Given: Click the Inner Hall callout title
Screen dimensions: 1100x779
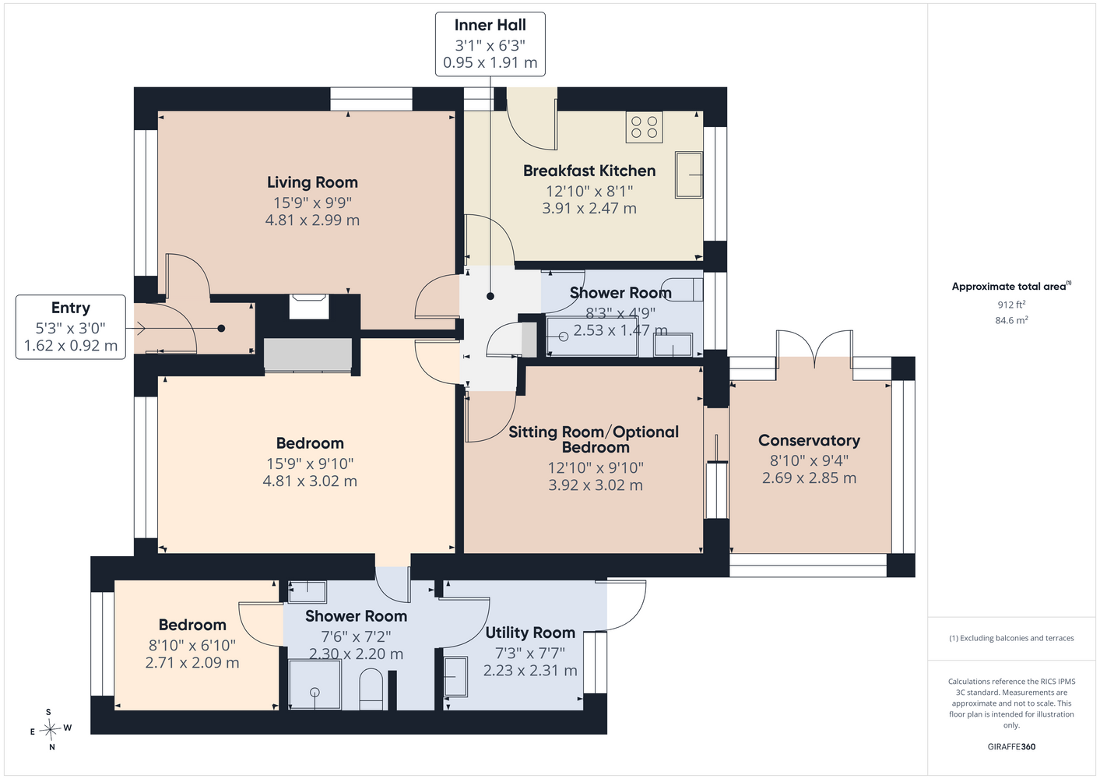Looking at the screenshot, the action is pyautogui.click(x=490, y=25).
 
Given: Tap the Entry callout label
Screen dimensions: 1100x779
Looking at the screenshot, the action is pyautogui.click(x=71, y=308).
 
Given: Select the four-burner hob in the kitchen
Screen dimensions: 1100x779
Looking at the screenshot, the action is pyautogui.click(x=644, y=127).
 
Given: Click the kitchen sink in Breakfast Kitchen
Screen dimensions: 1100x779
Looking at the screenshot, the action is pyautogui.click(x=688, y=174).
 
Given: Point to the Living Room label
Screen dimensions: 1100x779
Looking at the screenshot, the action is pyautogui.click(x=312, y=182).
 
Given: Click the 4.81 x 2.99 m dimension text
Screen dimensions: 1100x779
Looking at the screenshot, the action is pyautogui.click(x=312, y=220).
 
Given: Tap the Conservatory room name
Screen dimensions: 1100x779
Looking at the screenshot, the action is pyautogui.click(x=809, y=440).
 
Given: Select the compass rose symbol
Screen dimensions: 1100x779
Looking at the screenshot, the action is pyautogui.click(x=50, y=729).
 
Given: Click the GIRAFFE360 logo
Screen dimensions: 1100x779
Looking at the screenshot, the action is pyautogui.click(x=1011, y=746).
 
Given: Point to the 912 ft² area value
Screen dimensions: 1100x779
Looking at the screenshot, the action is pyautogui.click(x=1011, y=305).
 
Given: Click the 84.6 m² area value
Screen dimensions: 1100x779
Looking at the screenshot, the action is pyautogui.click(x=1011, y=320).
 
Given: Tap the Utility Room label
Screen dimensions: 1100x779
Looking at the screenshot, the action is pyautogui.click(x=530, y=633).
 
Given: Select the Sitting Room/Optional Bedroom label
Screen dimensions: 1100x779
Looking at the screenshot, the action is pyautogui.click(x=594, y=439).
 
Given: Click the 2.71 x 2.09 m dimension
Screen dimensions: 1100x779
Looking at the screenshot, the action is pyautogui.click(x=192, y=662).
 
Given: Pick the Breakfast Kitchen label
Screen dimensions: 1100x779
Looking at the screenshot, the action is pyautogui.click(x=589, y=171).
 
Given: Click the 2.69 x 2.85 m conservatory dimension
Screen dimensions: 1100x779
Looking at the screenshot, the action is pyautogui.click(x=809, y=478).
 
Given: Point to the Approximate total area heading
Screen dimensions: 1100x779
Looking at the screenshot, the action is pyautogui.click(x=1011, y=286).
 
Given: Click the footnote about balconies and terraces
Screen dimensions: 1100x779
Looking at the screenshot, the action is pyautogui.click(x=1011, y=638).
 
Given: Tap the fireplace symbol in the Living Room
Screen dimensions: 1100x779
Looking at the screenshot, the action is pyautogui.click(x=309, y=306).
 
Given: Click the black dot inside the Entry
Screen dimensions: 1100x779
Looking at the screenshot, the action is pyautogui.click(x=221, y=328).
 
